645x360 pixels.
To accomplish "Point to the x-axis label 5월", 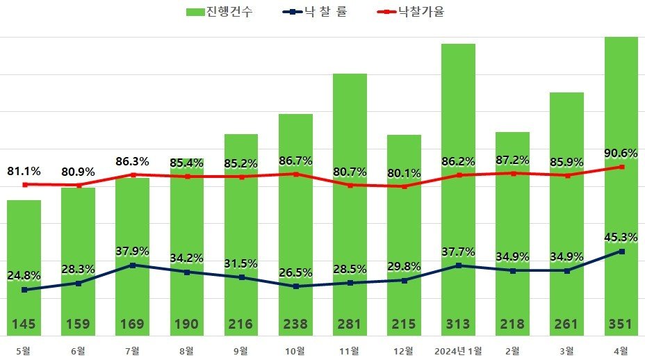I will click(24, 350).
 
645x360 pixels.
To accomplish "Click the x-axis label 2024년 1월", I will click(457, 350).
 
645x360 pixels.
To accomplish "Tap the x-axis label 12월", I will click(404, 350).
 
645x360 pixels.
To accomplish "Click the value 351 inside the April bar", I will click(621, 324).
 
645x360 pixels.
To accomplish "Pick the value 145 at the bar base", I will click(24, 324).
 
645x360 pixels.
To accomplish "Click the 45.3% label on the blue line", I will click(621, 238).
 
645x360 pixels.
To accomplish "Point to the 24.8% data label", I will click(24, 276).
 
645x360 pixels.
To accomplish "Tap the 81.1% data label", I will click(24, 171).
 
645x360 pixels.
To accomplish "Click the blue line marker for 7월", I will click(133, 265).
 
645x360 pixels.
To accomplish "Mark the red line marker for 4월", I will click(621, 167).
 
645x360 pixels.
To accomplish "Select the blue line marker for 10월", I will click(296, 286).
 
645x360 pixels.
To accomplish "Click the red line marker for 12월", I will click(404, 186).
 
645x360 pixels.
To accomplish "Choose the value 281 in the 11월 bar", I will click(350, 324).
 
